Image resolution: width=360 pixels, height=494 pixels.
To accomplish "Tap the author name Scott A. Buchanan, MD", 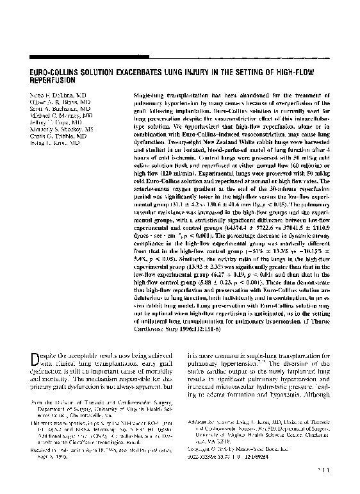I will pyautogui.click(x=49, y=108).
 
